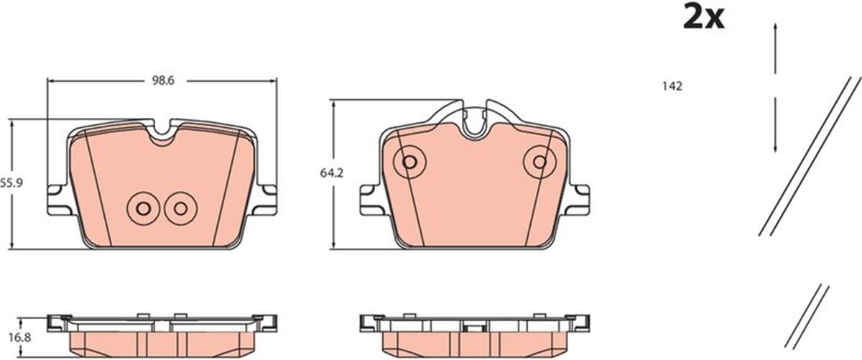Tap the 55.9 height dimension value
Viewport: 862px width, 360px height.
(11, 183)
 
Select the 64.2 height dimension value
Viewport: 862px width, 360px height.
(331, 173)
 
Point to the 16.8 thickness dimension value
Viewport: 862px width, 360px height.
(20, 338)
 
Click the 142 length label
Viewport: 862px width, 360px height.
(672, 86)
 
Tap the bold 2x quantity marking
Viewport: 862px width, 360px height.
(704, 17)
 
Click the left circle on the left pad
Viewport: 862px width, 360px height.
(144, 208)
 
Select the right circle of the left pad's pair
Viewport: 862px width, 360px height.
(180, 208)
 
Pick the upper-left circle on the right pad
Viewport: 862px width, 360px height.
(409, 162)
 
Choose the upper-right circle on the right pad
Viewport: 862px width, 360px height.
(539, 162)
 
